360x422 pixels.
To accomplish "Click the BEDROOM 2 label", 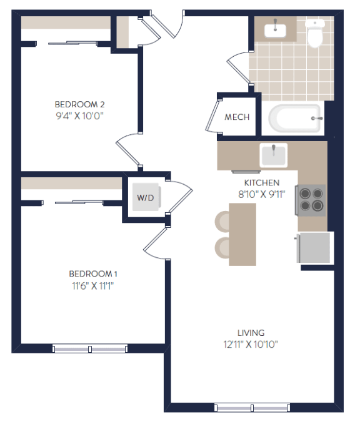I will tap(79, 104).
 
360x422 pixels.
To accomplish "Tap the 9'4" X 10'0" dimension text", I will tap(79, 115).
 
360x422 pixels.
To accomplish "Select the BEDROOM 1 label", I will tap(93, 274).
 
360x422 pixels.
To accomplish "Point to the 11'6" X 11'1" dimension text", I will tap(93, 285).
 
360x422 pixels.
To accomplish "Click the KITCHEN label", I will tap(261, 183).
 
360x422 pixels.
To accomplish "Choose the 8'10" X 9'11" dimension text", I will tap(261, 194).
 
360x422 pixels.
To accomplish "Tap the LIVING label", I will tap(250, 333).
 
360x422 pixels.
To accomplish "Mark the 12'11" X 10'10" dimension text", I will tap(250, 344).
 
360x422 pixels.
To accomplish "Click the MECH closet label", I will tap(237, 117).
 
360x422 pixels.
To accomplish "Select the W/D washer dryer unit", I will tap(146, 198).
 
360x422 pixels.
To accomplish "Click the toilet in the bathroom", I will tap(316, 34).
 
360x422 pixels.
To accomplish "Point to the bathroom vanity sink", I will tap(275, 29).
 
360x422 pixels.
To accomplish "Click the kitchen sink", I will tap(273, 154).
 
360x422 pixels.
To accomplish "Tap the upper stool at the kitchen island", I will tap(223, 221).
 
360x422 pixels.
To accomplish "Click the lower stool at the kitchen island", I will tap(223, 247).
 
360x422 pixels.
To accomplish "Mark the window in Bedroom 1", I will tap(90, 348).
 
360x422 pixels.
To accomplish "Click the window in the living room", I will tap(251, 408).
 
